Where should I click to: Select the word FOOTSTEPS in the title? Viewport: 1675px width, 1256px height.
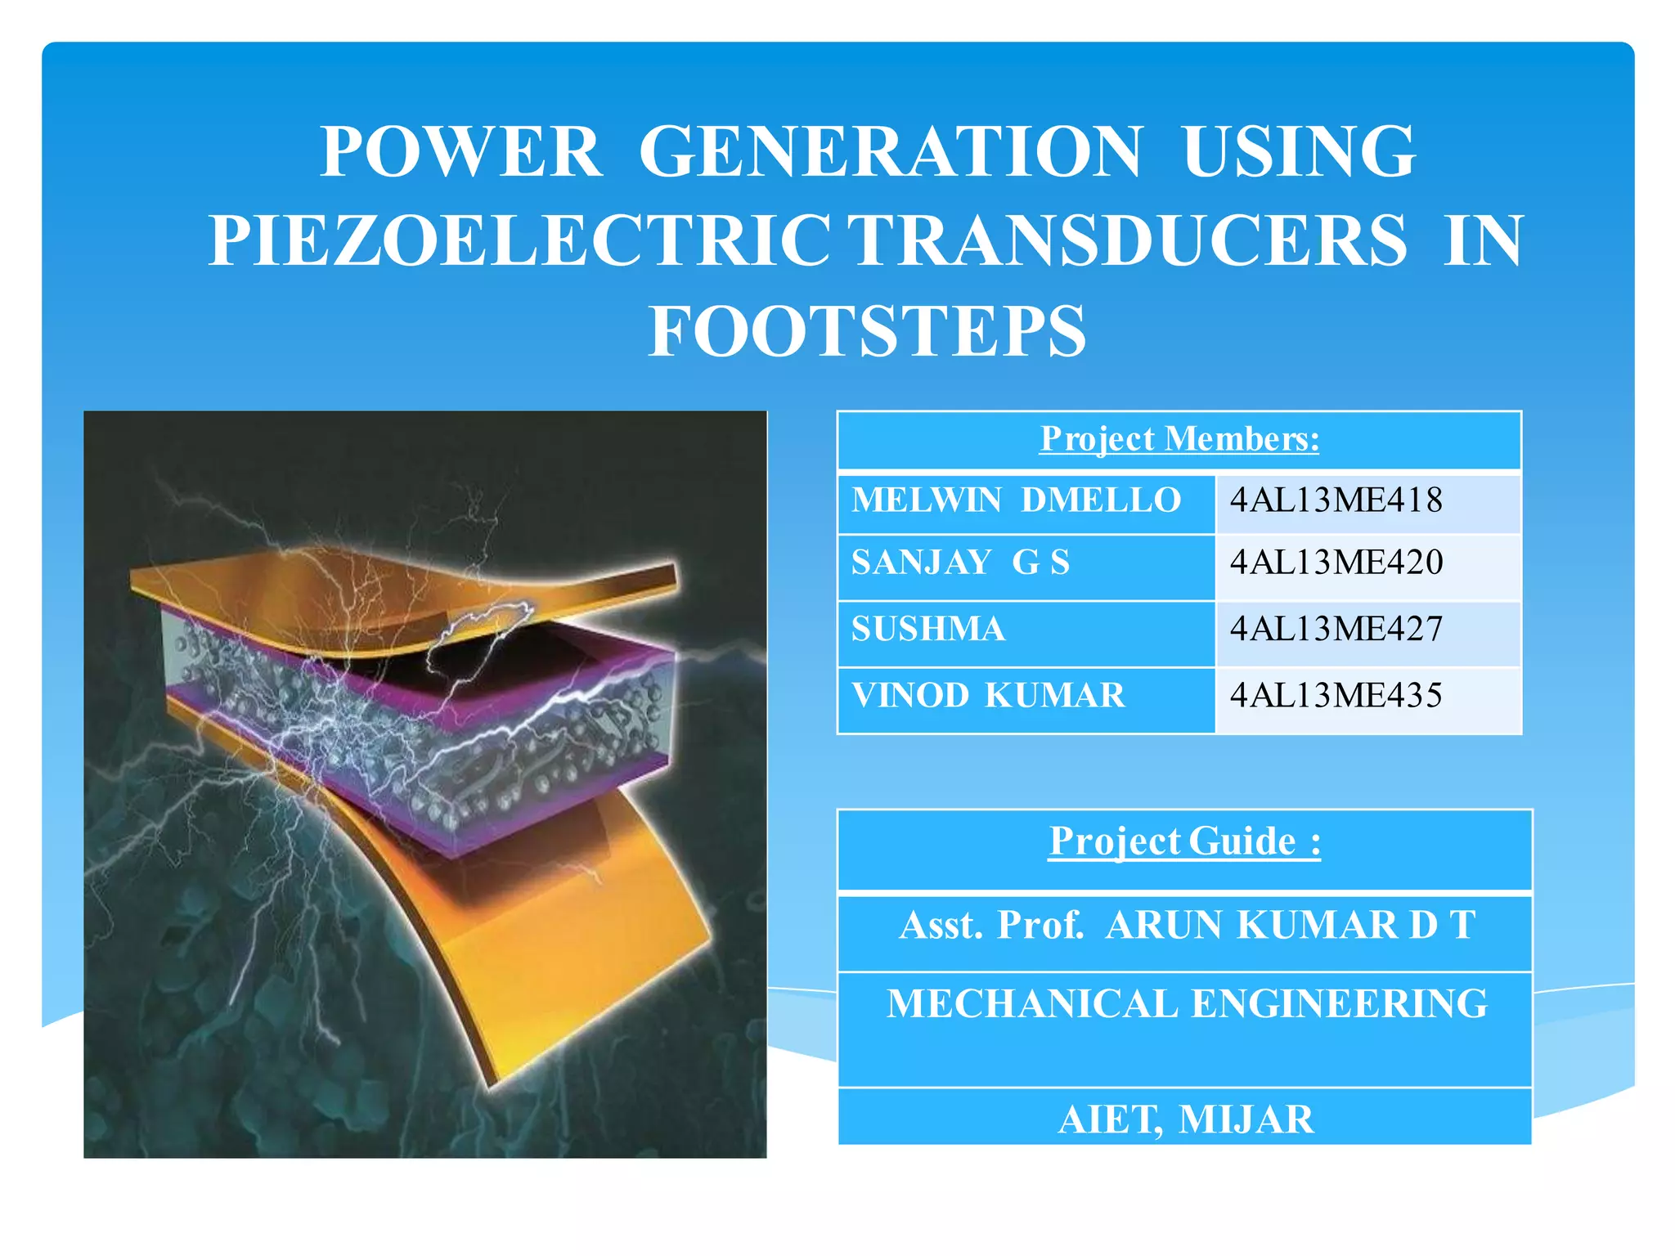pyautogui.click(x=867, y=331)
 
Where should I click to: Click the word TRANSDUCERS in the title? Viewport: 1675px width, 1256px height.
pyautogui.click(x=1127, y=241)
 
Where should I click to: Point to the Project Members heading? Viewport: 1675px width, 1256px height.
pyautogui.click(x=1179, y=439)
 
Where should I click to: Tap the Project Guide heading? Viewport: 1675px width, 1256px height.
pyautogui.click(x=1184, y=841)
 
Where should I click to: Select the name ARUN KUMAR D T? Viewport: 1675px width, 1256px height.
pyautogui.click(x=1290, y=926)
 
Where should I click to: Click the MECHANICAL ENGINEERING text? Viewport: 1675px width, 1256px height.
pyautogui.click(x=1187, y=1004)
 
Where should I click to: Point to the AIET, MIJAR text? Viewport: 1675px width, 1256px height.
pyautogui.click(x=1186, y=1119)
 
